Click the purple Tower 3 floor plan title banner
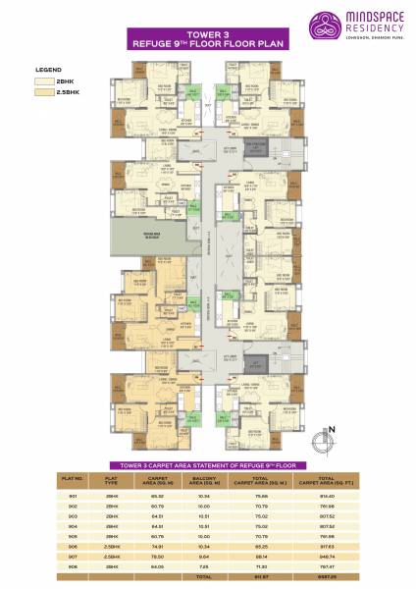tap(207, 39)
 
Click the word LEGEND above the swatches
tap(49, 72)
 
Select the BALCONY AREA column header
tap(204, 482)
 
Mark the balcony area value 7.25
tap(204, 567)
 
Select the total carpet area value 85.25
tap(260, 548)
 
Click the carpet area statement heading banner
tap(207, 464)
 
